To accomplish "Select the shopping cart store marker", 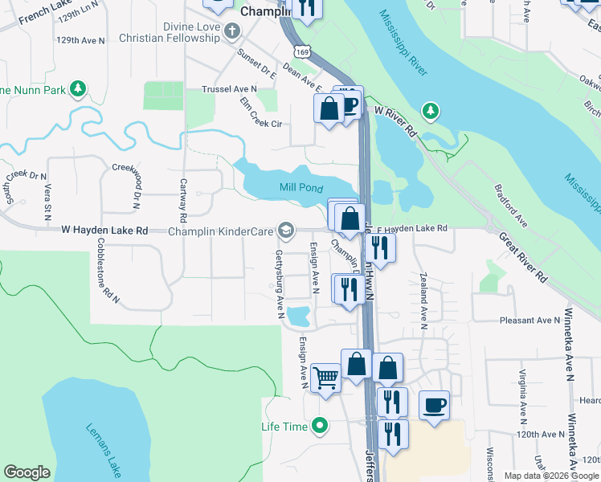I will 325,377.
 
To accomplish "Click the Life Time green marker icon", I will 321,425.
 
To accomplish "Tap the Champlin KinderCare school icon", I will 285,231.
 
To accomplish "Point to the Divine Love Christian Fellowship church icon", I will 233,31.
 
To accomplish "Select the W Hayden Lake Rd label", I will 105,231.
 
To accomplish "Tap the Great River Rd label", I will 522,258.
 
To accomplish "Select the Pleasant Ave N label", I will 528,321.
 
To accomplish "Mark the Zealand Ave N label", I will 423,300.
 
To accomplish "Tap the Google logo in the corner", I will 27,472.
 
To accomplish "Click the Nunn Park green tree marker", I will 78,88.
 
